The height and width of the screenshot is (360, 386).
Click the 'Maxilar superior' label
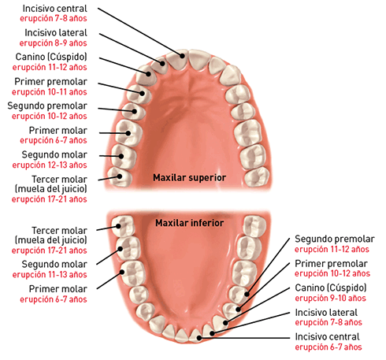pyautogui.click(x=189, y=177)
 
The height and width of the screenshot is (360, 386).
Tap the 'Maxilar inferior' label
pyautogui.click(x=189, y=223)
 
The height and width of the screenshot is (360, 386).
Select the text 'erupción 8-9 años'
pyautogui.click(x=53, y=43)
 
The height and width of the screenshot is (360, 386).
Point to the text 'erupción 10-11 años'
pyautogui.click(x=50, y=92)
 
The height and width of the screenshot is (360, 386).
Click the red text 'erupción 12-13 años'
pyautogui.click(x=50, y=165)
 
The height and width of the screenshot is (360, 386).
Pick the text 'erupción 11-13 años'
pyautogui.click(x=50, y=274)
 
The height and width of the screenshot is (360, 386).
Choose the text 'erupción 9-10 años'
pyautogui.click(x=330, y=298)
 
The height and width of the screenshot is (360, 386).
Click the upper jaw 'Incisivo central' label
pyautogui.click(x=54, y=9)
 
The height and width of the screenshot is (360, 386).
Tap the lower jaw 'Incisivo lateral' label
pyautogui.click(x=326, y=312)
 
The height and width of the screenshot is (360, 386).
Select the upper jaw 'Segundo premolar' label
pyautogui.click(x=47, y=106)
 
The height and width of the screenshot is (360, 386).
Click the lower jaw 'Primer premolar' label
pyautogui.click(x=331, y=263)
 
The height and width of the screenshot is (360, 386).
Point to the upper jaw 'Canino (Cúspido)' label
pyautogui.click(x=51, y=57)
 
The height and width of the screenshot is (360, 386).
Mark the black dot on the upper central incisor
pyautogui.click(x=182, y=56)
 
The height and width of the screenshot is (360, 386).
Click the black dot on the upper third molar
pyautogui.click(x=120, y=176)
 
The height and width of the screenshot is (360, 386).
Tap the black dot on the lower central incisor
pyautogui.click(x=199, y=338)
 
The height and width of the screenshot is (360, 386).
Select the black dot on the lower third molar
pyautogui.click(x=118, y=226)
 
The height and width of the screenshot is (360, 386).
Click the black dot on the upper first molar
pyautogui.click(x=128, y=133)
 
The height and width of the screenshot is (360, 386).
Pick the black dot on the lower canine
pyautogui.click(x=225, y=323)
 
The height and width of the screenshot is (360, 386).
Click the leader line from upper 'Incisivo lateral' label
pyautogui.click(x=131, y=49)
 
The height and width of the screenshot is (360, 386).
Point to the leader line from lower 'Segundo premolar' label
pyautogui.click(x=268, y=266)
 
